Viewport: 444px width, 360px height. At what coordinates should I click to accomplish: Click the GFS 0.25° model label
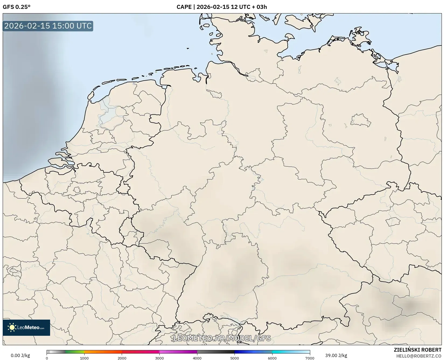(16, 7)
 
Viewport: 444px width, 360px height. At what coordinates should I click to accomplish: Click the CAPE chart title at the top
(222, 7)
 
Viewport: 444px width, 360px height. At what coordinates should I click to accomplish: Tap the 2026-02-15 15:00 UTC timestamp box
(48, 26)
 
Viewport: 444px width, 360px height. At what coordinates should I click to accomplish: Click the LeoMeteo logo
(26, 327)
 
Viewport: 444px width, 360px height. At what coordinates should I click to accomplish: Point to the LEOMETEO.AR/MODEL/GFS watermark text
(222, 338)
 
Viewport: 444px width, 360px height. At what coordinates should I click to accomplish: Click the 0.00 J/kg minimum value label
(20, 355)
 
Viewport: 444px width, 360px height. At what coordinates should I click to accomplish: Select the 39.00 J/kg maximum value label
(336, 355)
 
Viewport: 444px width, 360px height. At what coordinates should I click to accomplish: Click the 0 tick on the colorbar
(47, 358)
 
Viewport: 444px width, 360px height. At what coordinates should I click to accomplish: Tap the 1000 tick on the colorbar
(84, 358)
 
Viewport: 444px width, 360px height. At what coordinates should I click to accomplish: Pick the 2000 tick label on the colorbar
(122, 358)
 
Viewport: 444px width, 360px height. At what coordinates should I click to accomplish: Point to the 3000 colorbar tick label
(159, 358)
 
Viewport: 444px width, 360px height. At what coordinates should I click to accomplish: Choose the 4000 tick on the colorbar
(197, 358)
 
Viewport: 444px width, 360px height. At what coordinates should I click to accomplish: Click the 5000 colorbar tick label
(235, 358)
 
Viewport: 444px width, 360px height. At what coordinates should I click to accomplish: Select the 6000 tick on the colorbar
(272, 358)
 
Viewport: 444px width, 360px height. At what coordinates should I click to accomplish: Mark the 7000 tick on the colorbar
(310, 358)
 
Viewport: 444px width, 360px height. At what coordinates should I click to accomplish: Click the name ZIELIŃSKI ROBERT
(418, 350)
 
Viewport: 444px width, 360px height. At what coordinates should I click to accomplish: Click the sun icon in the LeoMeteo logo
(12, 327)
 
